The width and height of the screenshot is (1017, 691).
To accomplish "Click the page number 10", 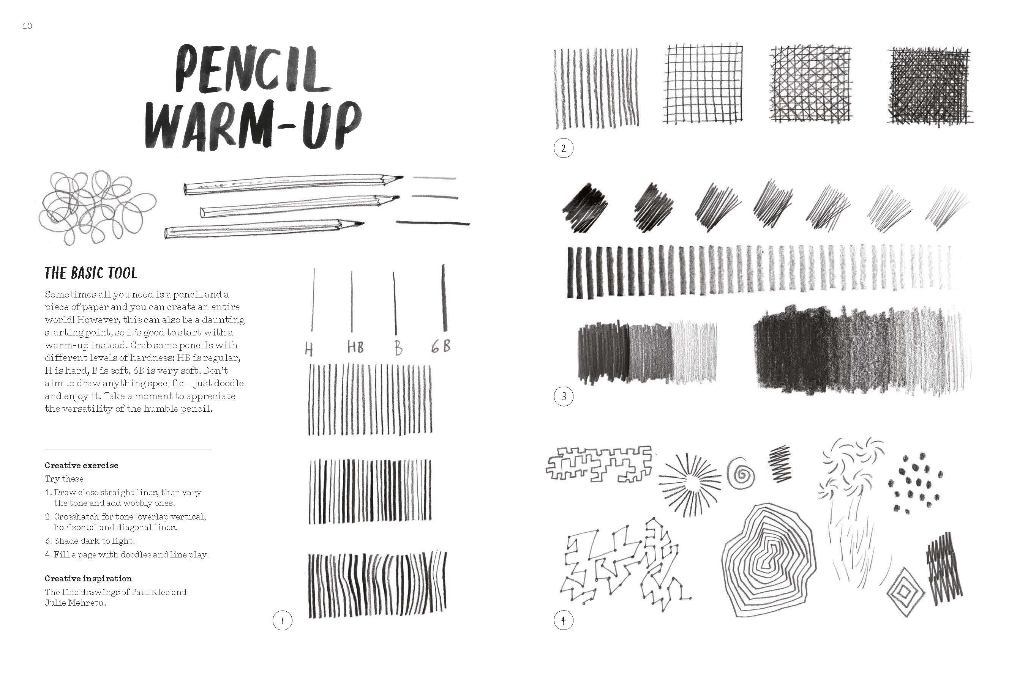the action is point(27,26).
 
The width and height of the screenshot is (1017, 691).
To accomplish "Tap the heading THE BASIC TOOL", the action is point(91,273).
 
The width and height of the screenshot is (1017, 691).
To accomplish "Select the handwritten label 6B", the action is point(441,347).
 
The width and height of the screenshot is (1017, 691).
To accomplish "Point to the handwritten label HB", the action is point(355,347).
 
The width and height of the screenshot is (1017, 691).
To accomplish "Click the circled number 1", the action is point(282,620).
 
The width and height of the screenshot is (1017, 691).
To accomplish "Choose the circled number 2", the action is point(563,148).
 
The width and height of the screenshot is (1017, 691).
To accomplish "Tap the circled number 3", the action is point(563,396).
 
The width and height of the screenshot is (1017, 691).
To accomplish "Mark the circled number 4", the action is point(563,620).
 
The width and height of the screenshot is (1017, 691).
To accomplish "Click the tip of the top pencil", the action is point(402,177).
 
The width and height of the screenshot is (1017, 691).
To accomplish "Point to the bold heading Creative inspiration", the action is point(88,579).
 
